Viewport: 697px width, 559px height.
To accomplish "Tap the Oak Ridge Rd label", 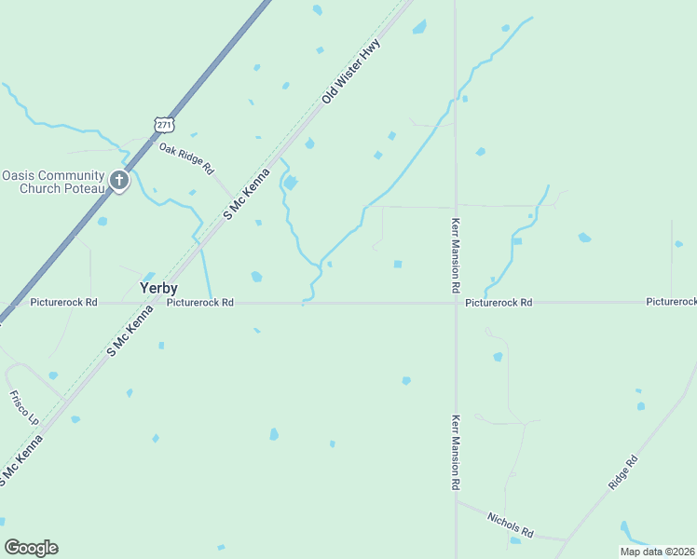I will coord(186,158).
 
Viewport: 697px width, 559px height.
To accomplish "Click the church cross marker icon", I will coord(119,180).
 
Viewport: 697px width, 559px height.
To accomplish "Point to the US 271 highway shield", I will coord(164,124).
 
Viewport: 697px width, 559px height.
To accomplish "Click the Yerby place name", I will coord(158,288).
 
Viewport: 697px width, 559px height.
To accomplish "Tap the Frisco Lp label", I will coord(25,408).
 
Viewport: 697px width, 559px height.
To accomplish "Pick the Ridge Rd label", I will coord(622,472).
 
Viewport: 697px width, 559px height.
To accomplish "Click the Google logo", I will coord(31,548).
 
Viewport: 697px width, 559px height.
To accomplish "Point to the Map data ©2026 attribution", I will coord(658,552).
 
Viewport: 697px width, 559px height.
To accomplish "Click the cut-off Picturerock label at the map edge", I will coord(672,302).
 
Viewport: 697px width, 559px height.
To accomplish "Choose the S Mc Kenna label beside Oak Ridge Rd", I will coord(246,193).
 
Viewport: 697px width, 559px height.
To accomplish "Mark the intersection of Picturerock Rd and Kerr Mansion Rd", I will coord(456,303).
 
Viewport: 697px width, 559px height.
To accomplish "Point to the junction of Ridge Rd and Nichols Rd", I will coord(566,539).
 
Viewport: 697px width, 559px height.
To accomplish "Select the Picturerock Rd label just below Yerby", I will coord(200,303).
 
